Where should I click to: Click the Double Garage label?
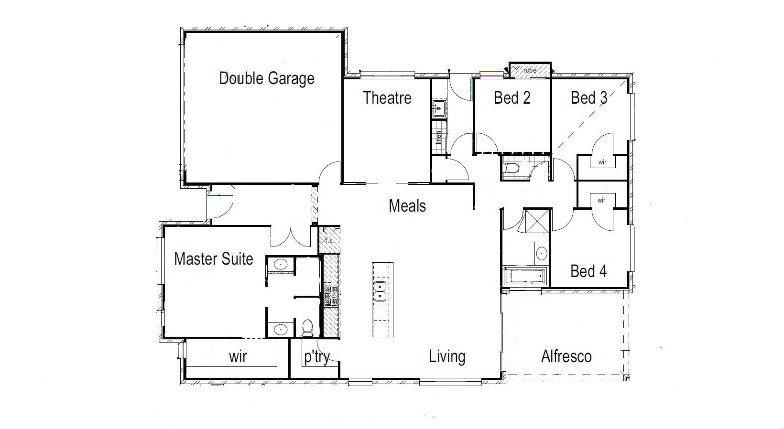[x=266, y=78]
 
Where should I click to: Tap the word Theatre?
[x=387, y=97]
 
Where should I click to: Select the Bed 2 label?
[x=512, y=97]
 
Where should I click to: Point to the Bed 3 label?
[x=589, y=97]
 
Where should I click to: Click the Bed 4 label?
[x=588, y=271]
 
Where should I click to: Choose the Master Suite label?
[x=214, y=259]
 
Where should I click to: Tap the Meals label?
[x=407, y=205]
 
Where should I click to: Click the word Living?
[x=447, y=357]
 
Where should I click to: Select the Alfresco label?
[x=566, y=356]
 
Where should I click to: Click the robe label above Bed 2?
[x=530, y=70]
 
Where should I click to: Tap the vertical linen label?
[x=438, y=138]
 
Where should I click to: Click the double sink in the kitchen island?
[x=380, y=291]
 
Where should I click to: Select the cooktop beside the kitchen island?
[x=331, y=296]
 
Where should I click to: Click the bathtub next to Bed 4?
[x=524, y=276]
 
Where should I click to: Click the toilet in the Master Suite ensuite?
[x=308, y=328]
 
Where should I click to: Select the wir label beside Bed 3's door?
[x=602, y=162]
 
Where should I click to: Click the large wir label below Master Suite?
[x=238, y=357]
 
